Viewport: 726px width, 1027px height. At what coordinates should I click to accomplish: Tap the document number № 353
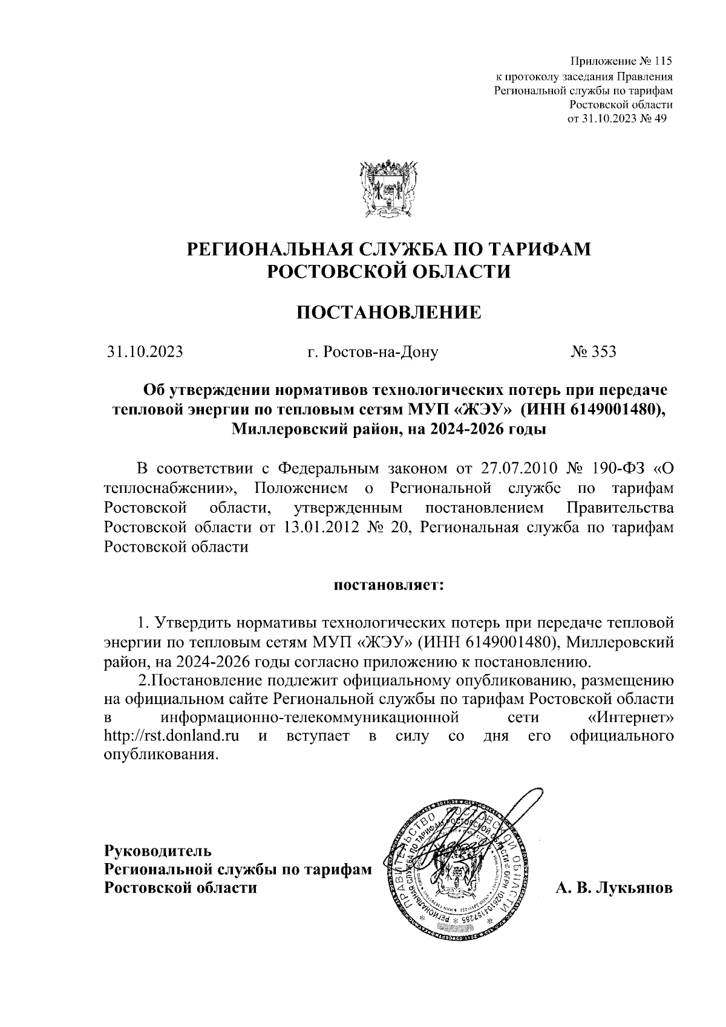(x=593, y=351)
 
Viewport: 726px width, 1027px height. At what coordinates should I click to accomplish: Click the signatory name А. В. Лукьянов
(x=612, y=888)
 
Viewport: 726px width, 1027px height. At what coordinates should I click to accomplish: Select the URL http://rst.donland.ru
(x=170, y=736)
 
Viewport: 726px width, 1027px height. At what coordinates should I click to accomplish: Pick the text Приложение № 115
(x=622, y=62)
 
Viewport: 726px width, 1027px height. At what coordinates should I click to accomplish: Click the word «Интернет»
(x=630, y=718)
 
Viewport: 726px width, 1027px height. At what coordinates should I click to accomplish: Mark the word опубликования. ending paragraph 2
(x=159, y=755)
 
